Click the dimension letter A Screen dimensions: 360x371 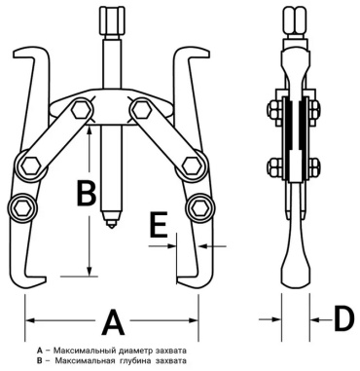[113, 322]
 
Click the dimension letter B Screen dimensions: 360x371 [87, 193]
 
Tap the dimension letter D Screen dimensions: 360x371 [344, 319]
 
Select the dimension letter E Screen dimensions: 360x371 [160, 224]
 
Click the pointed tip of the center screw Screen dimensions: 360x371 [112, 227]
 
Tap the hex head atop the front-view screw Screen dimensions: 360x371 [112, 20]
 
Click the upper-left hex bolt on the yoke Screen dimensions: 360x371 [80, 110]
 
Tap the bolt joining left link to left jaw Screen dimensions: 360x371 [29, 166]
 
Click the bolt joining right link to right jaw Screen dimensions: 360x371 [192, 166]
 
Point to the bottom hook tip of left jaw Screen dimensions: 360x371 [46, 279]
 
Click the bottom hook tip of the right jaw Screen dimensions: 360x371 [177, 279]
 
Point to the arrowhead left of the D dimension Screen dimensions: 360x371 [275, 319]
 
